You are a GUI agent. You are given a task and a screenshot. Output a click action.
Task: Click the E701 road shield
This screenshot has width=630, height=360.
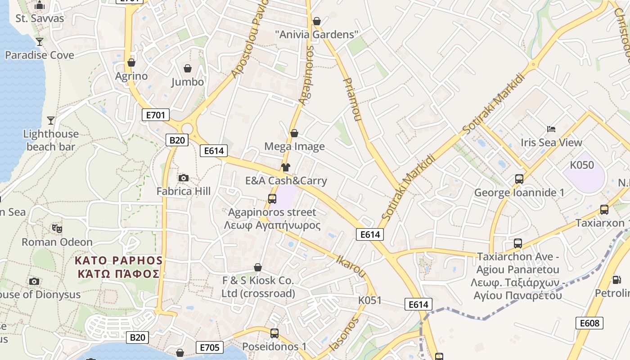tap(156, 115)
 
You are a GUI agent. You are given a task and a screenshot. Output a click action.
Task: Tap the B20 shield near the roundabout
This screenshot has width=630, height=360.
tap(177, 140)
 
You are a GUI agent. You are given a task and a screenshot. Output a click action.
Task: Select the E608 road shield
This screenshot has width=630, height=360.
tap(589, 323)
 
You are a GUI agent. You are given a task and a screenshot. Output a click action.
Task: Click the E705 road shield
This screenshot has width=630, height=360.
tap(210, 347)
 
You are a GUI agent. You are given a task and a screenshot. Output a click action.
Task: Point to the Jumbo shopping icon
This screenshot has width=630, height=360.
tap(188, 68)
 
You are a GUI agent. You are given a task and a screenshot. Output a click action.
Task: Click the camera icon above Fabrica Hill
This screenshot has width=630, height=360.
tap(183, 178)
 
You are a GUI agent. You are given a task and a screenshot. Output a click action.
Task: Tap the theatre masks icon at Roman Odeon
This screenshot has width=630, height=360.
tap(57, 228)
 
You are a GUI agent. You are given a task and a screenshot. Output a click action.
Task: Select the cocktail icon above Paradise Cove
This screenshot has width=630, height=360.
tap(40, 41)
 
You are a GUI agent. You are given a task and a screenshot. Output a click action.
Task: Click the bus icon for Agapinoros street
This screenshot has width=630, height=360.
tap(272, 198)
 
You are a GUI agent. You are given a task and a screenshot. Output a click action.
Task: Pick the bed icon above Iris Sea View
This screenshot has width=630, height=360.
tap(551, 129)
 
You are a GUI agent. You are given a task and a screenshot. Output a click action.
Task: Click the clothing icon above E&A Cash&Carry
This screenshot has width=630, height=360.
tap(285, 167)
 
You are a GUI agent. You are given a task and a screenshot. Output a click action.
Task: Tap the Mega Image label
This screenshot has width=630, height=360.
tap(294, 146)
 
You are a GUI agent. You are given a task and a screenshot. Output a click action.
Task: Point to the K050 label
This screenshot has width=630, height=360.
tap(582, 165)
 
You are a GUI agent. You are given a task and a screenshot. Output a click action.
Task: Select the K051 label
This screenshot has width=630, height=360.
tap(370, 300)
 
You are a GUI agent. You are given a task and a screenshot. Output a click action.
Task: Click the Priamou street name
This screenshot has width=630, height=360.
tap(352, 99)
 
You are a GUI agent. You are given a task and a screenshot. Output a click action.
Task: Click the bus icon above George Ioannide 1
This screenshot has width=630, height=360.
tap(519, 179)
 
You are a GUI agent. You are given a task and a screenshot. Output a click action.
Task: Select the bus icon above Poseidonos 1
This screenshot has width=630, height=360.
tap(274, 333)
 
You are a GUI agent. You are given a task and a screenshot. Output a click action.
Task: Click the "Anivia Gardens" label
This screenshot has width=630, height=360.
tap(317, 34)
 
